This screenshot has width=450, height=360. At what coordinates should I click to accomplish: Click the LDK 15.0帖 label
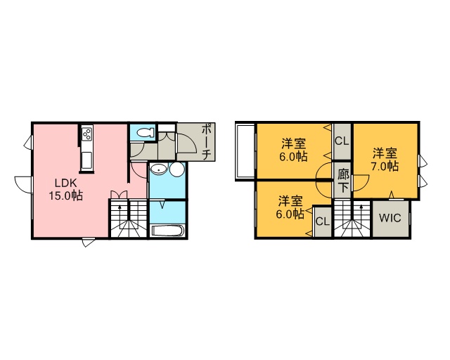(66, 189)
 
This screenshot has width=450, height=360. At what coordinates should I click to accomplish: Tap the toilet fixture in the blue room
(146, 133)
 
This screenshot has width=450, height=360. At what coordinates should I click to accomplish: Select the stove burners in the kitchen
(86, 134)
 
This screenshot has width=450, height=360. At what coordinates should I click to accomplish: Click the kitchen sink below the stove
(86, 160)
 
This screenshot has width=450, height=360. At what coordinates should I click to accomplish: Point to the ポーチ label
(207, 142)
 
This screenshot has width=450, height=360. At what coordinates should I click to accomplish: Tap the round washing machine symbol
(176, 169)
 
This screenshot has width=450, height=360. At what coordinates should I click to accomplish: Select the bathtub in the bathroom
(167, 231)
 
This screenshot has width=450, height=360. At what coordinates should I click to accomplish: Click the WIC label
(390, 218)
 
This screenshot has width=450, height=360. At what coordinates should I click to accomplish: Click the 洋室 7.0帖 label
(385, 160)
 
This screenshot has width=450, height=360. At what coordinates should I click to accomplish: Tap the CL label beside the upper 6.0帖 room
(342, 141)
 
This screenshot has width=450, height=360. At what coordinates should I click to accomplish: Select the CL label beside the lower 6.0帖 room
(323, 221)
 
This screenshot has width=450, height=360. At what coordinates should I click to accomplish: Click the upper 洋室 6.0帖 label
(293, 150)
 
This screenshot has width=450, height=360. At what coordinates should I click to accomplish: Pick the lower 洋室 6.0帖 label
(290, 207)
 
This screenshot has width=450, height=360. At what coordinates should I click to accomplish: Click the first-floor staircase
(129, 219)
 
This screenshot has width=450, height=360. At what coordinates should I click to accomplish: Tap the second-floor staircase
(353, 219)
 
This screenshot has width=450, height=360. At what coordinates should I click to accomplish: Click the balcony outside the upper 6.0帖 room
(245, 152)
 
